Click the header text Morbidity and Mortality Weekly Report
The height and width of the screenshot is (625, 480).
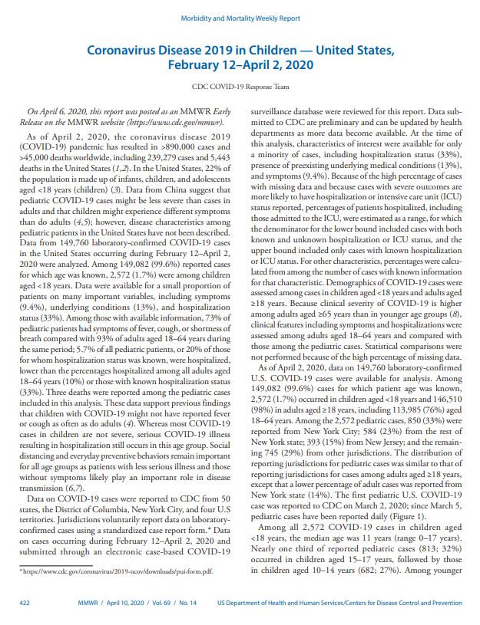[x=239, y=18]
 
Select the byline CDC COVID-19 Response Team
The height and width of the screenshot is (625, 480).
[x=239, y=87]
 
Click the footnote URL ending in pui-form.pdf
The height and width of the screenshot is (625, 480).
[x=115, y=571]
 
